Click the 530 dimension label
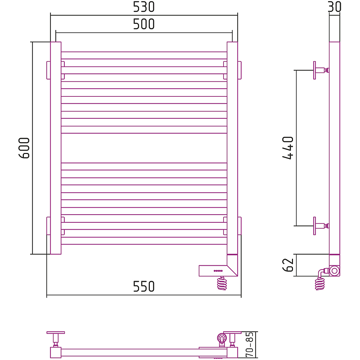[144, 7]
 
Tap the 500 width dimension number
[144, 24]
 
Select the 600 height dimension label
[24, 148]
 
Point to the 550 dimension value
[144, 286]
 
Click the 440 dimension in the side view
[288, 148]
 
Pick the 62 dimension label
[288, 265]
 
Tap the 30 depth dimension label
[334, 7]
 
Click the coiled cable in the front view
[222, 283]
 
